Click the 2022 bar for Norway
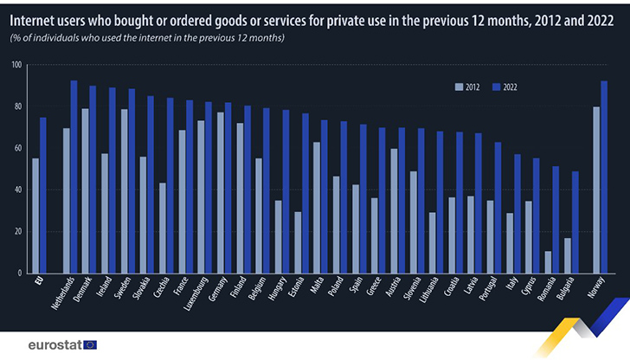pos(604,177)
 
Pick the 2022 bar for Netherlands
pos(74,177)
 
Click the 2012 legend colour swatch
pos(459,87)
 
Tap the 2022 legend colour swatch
pos(497,87)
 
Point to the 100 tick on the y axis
pos(16,65)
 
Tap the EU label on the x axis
pos(37,283)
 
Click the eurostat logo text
pos(54,344)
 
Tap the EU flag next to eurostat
pos(90,344)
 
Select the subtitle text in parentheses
pos(147,39)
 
